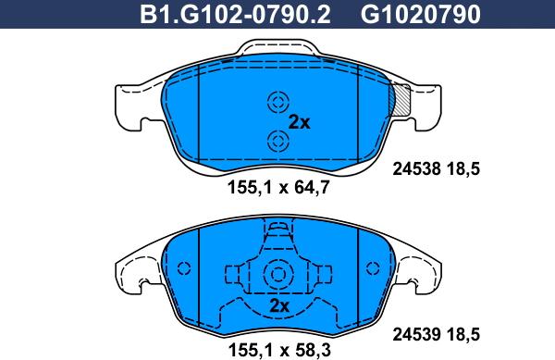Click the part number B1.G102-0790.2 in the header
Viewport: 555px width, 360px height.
235,15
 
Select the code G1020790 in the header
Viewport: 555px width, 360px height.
421,15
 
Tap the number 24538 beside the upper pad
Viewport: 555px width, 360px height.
416,168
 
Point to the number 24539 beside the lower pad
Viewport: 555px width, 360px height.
416,334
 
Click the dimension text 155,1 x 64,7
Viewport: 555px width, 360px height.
278,187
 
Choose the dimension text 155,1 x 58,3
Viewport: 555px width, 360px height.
279,350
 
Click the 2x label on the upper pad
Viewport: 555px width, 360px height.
299,122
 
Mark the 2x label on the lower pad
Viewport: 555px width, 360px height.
279,305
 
